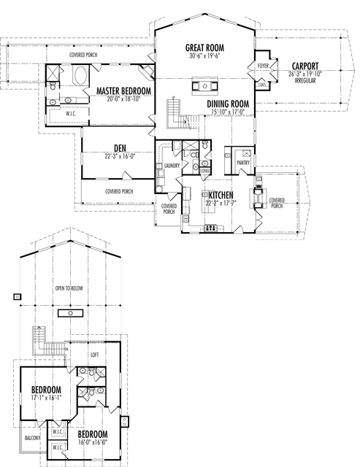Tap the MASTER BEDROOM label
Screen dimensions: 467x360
coord(123,90)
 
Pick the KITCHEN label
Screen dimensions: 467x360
coord(221,196)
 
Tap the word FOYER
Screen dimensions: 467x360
coord(264,66)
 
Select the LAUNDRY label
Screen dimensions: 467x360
coord(172,166)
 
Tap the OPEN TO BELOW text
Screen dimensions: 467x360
coord(69,288)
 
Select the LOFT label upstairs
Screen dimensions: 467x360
coord(93,355)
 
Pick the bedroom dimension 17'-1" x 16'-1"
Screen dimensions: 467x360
coord(46,398)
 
